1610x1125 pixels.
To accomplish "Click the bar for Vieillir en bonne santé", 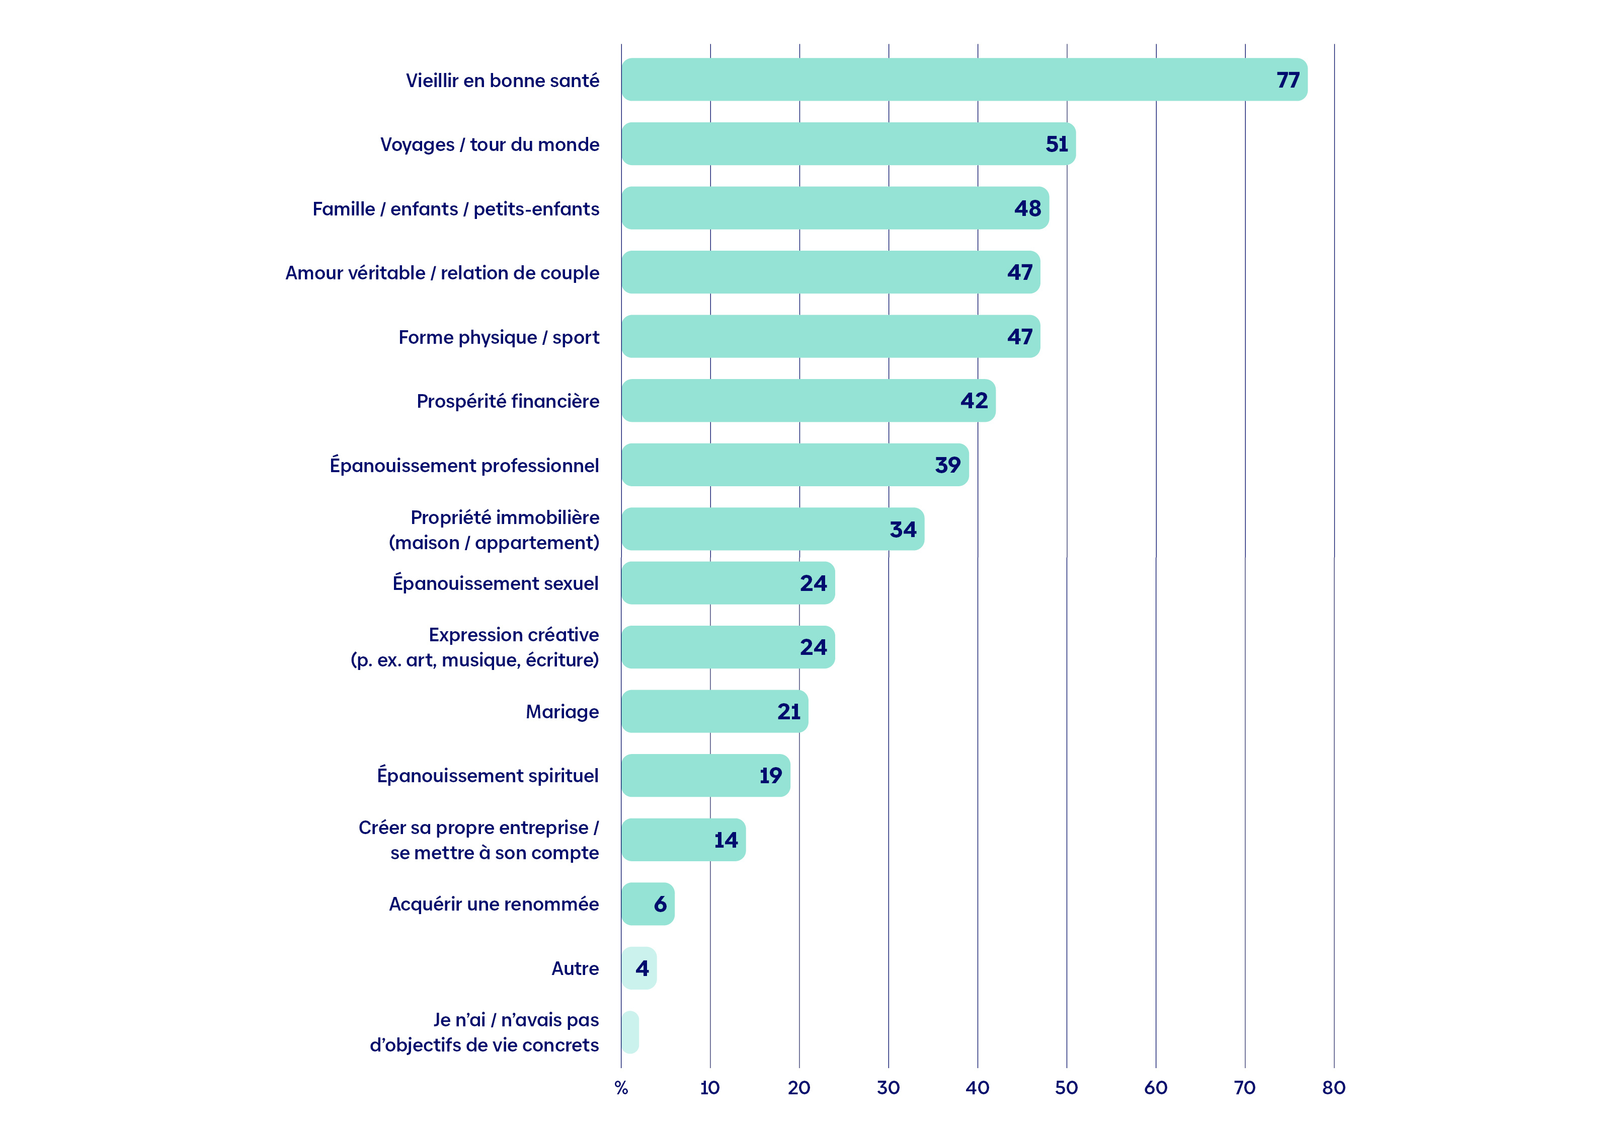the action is coord(964,79).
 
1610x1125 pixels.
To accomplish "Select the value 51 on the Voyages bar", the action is coord(1057,144).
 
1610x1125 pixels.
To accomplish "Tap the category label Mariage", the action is coord(562,712).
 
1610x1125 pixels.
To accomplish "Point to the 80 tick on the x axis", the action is coord(1334,1088).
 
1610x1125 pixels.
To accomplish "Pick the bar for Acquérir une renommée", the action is coord(648,904).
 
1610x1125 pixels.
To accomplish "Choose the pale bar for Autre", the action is coord(639,968).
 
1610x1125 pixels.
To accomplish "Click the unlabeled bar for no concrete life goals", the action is coord(630,1032).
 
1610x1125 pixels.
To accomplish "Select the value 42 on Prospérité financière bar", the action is coord(974,401).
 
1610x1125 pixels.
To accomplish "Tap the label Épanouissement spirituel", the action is coord(488,775).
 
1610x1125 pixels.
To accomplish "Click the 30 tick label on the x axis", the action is coord(889,1088).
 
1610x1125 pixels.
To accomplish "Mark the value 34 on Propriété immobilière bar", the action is coord(903,529).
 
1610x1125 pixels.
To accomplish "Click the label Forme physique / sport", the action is coord(499,337).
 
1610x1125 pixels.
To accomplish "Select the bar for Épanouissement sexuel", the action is coord(728,583).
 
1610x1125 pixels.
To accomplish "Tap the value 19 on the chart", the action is coord(771,775).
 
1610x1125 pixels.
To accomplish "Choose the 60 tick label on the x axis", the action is coord(1156,1088).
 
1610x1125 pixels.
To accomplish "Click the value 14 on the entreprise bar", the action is coord(726,840).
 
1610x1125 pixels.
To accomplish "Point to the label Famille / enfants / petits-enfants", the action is coord(456,209).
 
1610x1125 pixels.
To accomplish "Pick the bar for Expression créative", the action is coord(728,647).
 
